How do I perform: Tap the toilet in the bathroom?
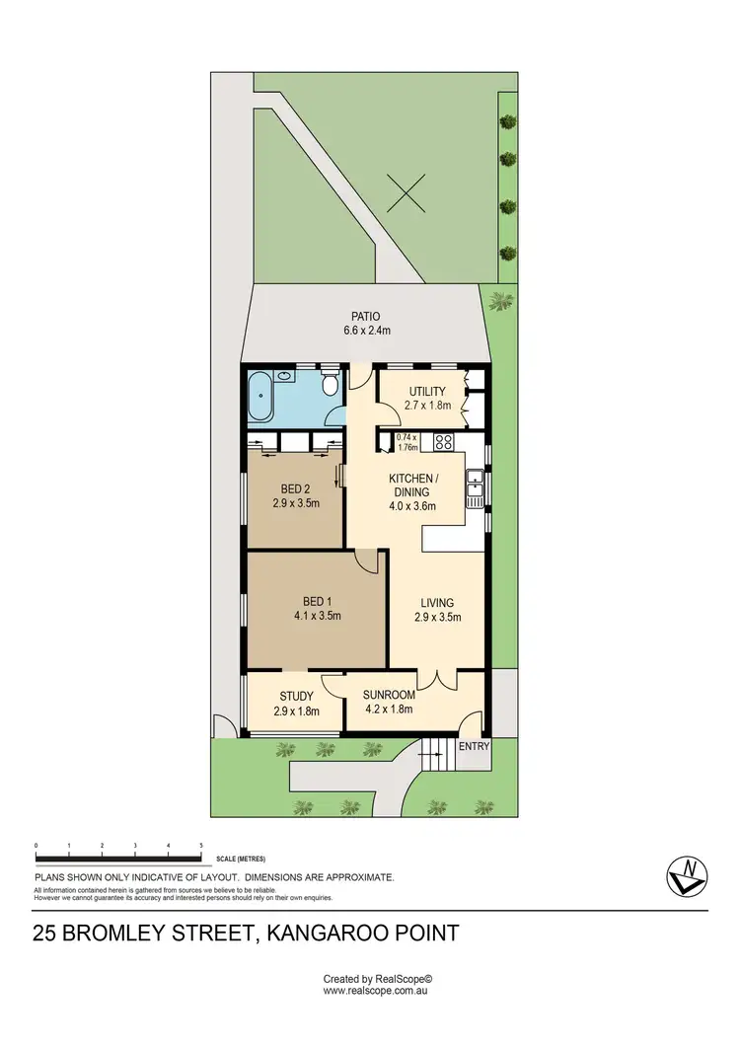pyautogui.click(x=330, y=382)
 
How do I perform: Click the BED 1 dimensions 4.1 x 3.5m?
pyautogui.click(x=317, y=617)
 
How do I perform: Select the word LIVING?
pyautogui.click(x=437, y=603)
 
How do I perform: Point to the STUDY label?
pyautogui.click(x=296, y=697)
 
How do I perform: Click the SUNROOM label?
pyautogui.click(x=387, y=695)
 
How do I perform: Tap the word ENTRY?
pyautogui.click(x=474, y=747)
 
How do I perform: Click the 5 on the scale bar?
pyautogui.click(x=201, y=847)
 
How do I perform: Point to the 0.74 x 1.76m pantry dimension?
pyautogui.click(x=407, y=441)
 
